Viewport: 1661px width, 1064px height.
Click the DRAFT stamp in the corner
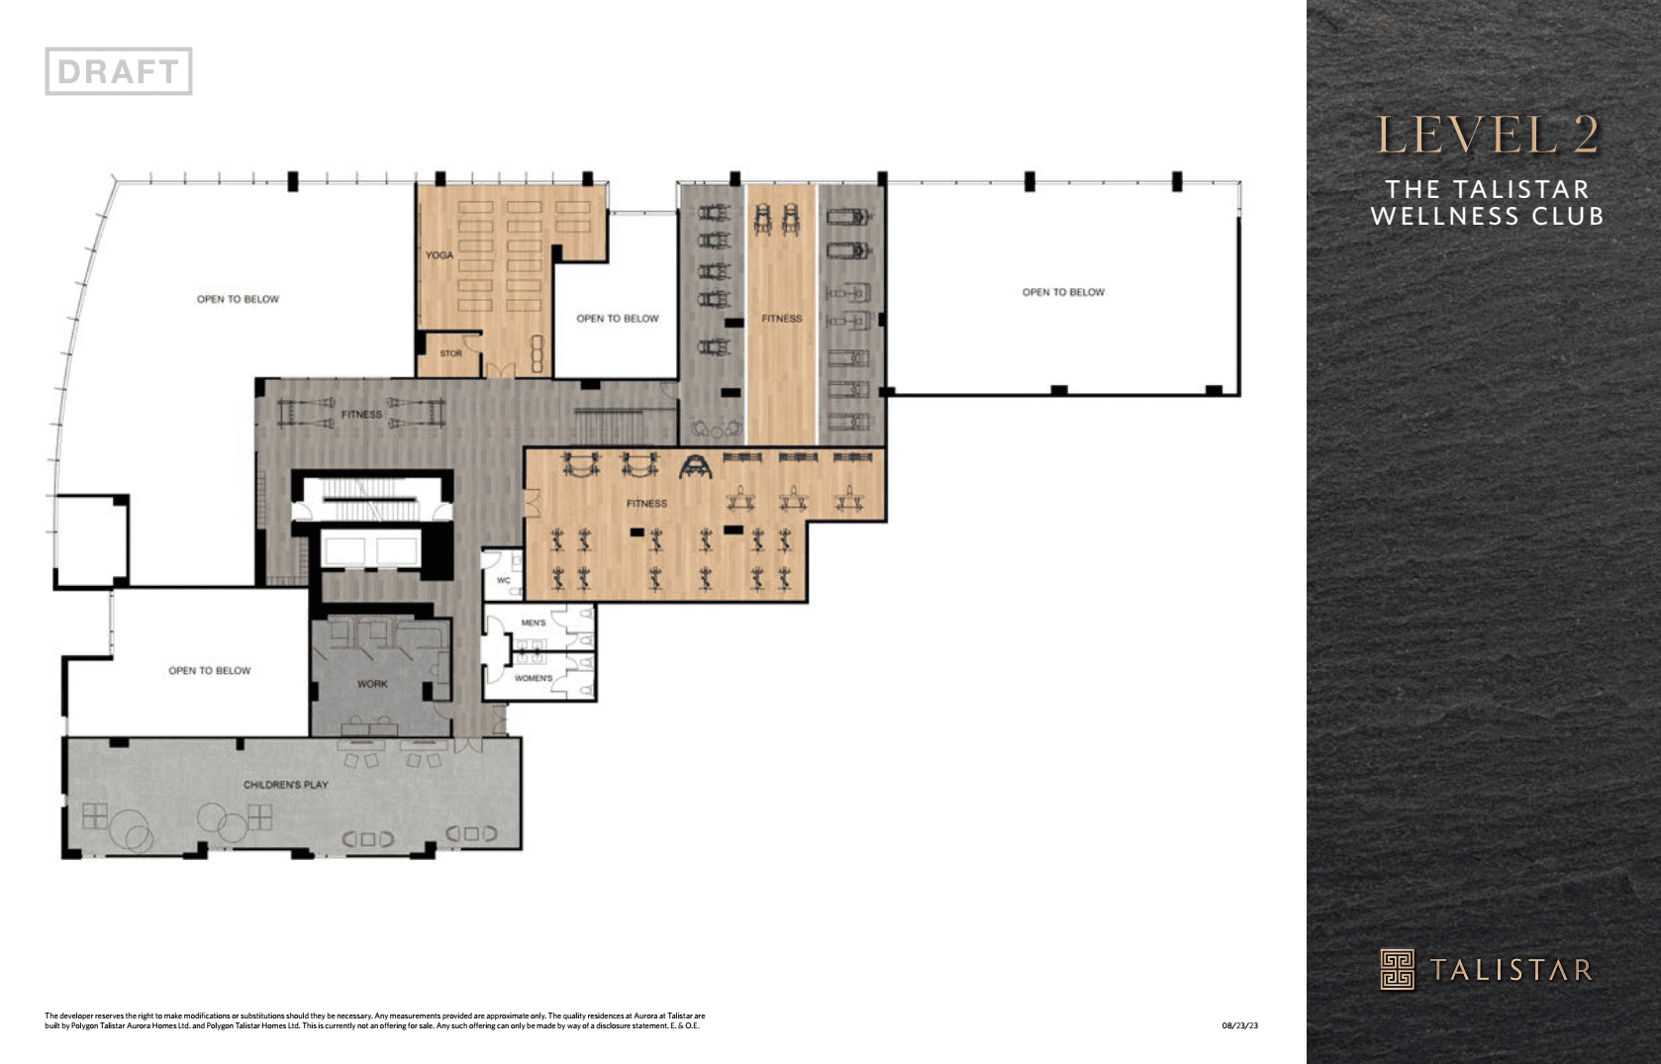[x=119, y=71]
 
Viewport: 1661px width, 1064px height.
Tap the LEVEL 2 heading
[x=1487, y=136]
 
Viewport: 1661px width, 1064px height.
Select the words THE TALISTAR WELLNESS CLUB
[x=1487, y=202]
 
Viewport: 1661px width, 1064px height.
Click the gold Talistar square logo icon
[x=1398, y=969]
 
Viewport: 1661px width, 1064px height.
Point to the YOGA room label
[x=440, y=255]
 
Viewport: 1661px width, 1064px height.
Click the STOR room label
[x=450, y=353]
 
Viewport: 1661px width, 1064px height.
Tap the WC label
[x=503, y=581]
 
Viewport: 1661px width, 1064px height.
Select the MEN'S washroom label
[x=533, y=623]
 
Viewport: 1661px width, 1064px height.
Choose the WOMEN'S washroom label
[x=534, y=678]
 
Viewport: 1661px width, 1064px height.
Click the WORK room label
[x=372, y=684]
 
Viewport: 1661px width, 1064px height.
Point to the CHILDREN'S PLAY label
[x=286, y=785]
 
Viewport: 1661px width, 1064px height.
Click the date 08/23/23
[x=1239, y=1025]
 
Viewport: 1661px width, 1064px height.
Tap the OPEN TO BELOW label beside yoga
[x=617, y=319]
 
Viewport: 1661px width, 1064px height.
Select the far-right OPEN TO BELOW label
[x=1063, y=292]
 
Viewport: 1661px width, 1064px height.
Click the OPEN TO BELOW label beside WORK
[x=209, y=671]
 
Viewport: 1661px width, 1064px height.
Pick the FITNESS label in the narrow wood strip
[x=781, y=319]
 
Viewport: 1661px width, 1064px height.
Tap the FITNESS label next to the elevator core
[x=361, y=415]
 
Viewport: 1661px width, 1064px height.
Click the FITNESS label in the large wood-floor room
[x=646, y=504]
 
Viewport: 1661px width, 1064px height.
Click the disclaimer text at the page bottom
[x=374, y=1020]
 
